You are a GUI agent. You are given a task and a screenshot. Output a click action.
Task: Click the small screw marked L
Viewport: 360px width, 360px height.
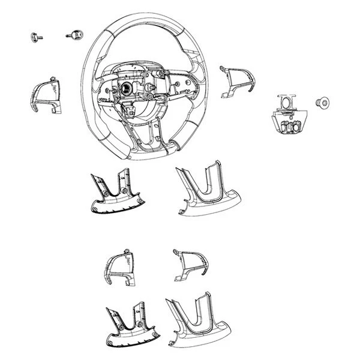(x=34, y=37)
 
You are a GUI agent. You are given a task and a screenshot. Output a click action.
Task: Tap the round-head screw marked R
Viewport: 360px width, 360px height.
(x=76, y=34)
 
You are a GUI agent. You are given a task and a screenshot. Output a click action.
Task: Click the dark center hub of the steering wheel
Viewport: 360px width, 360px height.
(x=128, y=88)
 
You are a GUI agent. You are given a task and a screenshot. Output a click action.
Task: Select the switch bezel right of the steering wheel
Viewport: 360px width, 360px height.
(x=237, y=81)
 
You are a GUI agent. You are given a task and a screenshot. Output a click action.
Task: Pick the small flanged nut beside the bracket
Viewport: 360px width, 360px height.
(x=322, y=103)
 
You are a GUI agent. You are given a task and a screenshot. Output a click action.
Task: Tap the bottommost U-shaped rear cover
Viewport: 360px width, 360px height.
(x=195, y=324)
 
